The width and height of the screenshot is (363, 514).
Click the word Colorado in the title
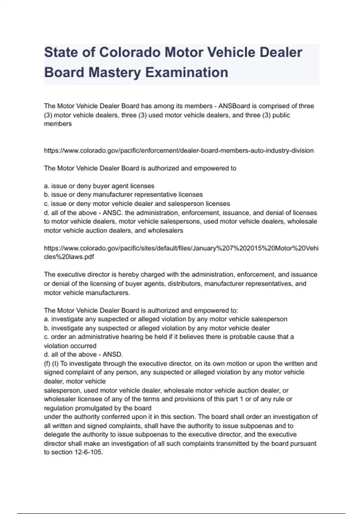pos(130,52)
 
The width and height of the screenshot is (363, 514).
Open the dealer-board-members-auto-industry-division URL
pos(178,151)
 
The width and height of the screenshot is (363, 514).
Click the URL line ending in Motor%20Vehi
pos(181,248)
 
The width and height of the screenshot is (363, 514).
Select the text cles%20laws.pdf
pos(69,257)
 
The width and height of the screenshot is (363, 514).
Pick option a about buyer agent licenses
pos(99,186)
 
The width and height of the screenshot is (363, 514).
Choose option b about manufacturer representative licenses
pos(123,195)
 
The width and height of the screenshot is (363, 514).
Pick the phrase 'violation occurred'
pos(70,346)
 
